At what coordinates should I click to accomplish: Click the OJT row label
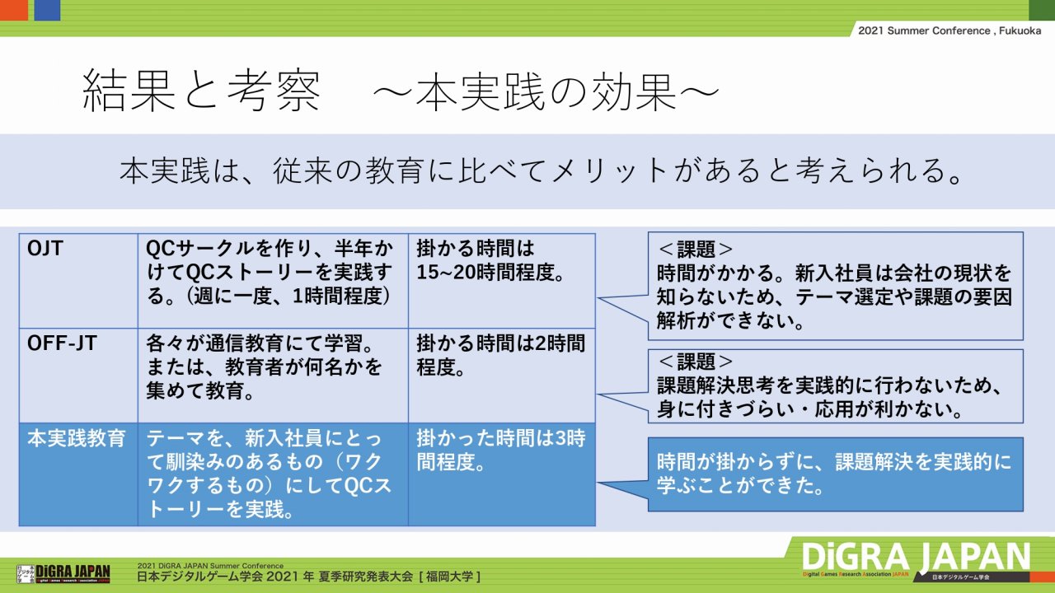point(45,248)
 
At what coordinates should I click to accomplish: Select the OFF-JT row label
point(62,343)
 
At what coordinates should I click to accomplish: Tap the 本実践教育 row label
point(77,438)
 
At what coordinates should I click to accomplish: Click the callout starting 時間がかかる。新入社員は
point(836,286)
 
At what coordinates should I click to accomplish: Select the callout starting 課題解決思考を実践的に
point(836,386)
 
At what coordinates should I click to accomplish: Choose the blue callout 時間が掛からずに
point(836,474)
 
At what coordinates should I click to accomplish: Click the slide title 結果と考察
point(202,91)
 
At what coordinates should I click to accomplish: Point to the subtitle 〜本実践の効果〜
point(546,91)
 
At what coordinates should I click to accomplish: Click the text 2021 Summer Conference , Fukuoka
point(949,30)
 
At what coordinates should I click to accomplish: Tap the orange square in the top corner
point(14,10)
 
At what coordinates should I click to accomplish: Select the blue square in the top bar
point(47,10)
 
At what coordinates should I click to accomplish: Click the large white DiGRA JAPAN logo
point(916,558)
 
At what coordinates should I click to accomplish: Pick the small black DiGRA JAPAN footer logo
point(63,572)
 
